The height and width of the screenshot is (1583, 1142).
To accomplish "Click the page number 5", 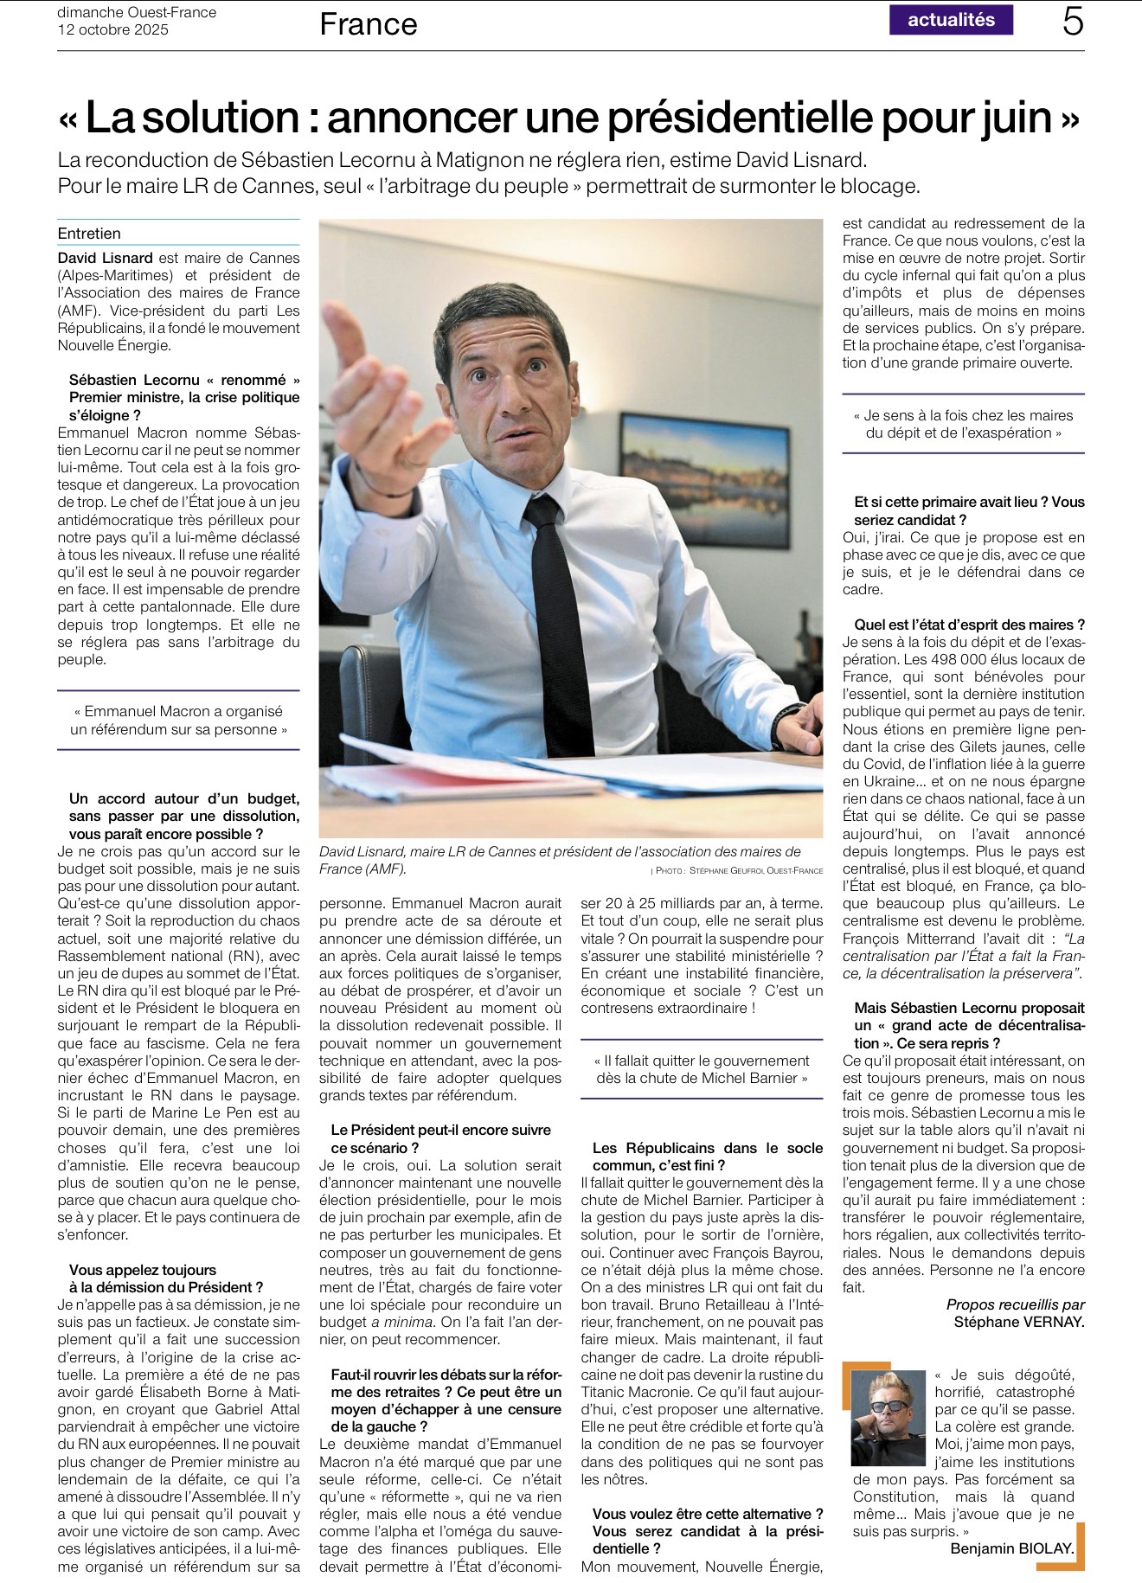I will (1073, 22).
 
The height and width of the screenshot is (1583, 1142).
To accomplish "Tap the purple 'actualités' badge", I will (951, 20).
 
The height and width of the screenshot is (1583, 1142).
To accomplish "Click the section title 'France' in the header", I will (369, 24).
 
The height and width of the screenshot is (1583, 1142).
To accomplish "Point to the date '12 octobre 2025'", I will (113, 29).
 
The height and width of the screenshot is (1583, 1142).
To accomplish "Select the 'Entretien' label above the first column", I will (89, 234).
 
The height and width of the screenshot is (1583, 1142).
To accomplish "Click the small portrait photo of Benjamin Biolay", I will (889, 1416).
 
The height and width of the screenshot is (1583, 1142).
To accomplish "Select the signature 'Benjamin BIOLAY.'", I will (1012, 1548).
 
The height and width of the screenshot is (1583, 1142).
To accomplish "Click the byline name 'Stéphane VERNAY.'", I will (1018, 1322).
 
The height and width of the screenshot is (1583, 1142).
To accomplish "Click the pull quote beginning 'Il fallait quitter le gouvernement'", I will (702, 1069).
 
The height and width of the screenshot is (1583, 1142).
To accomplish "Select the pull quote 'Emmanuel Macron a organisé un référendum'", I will (178, 720).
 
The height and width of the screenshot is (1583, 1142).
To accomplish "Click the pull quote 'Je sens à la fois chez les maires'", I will (963, 424).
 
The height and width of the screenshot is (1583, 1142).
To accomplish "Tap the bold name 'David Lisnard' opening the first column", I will (105, 258).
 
